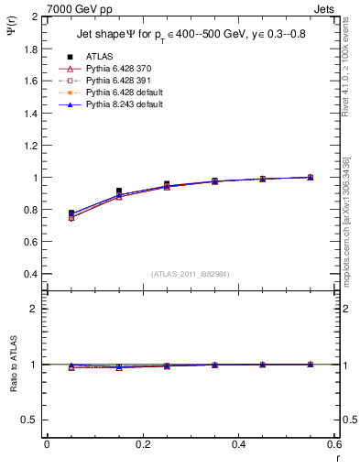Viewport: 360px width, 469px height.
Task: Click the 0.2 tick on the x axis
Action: click(142, 444)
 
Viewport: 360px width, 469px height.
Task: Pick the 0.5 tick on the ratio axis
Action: click(31, 420)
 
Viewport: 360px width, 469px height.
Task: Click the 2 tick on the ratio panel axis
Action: click(35, 309)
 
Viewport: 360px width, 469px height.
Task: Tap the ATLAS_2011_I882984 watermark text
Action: click(189, 274)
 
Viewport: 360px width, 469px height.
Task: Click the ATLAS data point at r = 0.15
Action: click(119, 191)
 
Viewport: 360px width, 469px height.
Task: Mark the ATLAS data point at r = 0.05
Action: click(71, 213)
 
